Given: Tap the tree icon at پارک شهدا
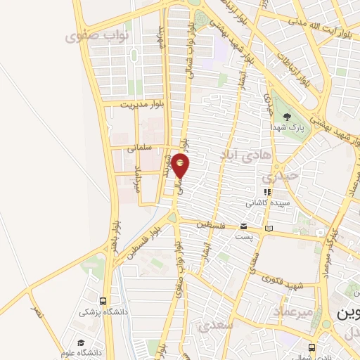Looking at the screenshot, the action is coord(285,117).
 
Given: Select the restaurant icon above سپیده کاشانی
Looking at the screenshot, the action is coord(266,191).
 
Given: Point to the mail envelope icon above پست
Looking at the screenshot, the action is coord(243,226).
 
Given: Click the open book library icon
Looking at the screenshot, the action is coord(269,228).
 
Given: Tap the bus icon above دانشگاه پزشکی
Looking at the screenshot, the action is coord(104,300).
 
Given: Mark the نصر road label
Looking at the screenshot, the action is coord(36,309).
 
